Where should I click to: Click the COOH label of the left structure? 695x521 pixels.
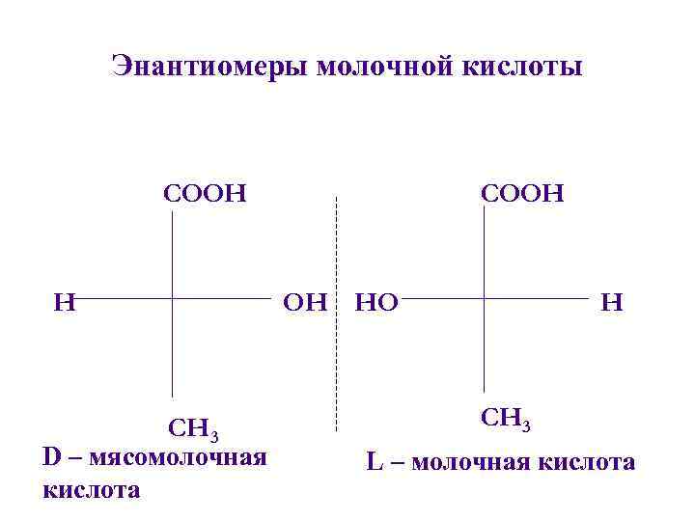(x=205, y=193)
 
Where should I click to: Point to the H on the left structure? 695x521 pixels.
(x=64, y=302)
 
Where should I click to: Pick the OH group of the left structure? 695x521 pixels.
(x=305, y=302)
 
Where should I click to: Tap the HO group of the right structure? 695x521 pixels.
(x=377, y=302)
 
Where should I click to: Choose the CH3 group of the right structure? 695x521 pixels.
(x=506, y=420)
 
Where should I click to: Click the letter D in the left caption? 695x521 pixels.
(x=53, y=454)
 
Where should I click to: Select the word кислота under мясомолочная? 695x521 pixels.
(x=92, y=489)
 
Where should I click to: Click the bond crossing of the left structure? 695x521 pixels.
(x=172, y=300)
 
